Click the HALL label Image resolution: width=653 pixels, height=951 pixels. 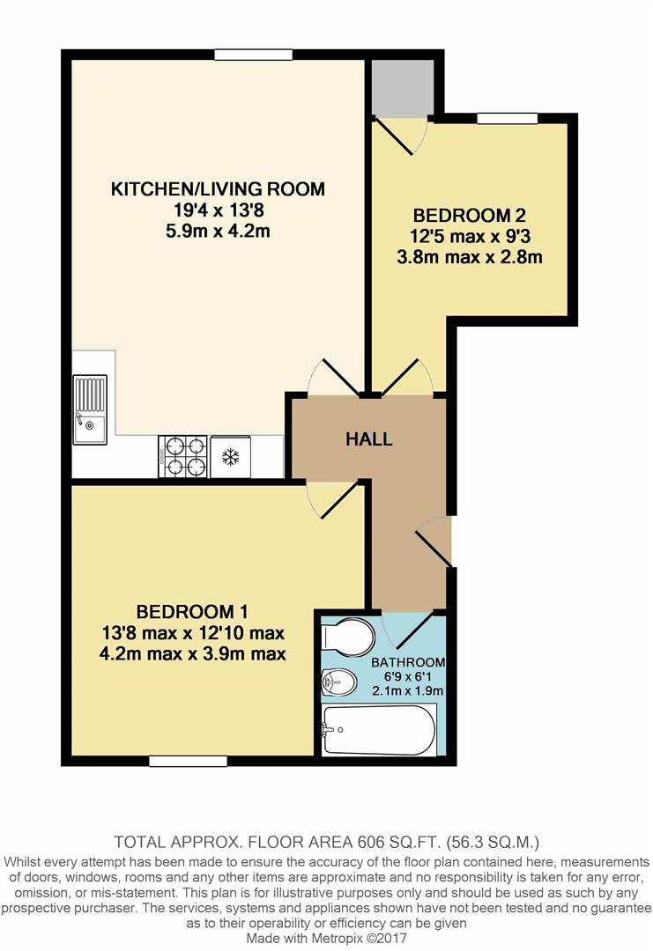pos(369,439)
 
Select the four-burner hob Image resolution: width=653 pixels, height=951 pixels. pos(182,456)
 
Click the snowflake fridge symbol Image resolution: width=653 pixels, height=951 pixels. pos(230,457)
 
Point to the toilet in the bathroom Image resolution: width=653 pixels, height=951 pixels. pos(347,637)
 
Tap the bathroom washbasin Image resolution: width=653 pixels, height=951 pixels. pos(338,682)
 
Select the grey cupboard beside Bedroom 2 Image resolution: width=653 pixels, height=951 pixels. pos(403,88)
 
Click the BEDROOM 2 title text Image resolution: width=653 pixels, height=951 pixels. pos(469,215)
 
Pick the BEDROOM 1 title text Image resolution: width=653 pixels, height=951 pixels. pos(192,611)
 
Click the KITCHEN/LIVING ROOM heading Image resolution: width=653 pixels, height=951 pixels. pos(218,188)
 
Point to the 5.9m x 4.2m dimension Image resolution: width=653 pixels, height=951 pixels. pos(218,231)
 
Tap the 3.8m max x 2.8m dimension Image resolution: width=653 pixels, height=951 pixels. pos(469,257)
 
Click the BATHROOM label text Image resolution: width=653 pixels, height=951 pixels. pos(408,662)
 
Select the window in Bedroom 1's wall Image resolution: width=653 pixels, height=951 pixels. pos(188,761)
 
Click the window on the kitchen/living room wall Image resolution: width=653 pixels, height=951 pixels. pos(254,55)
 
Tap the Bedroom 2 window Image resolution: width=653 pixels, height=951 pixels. pos(508,118)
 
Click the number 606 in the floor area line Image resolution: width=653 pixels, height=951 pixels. pos(371,842)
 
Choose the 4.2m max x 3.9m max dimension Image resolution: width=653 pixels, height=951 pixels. pos(192,653)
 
